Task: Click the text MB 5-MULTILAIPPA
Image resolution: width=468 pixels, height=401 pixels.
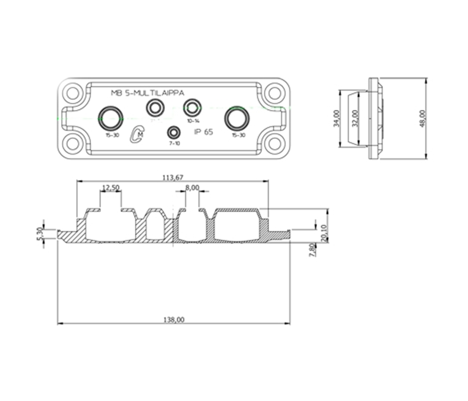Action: pyautogui.click(x=147, y=93)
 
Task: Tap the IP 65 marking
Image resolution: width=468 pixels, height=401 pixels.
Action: pyautogui.click(x=203, y=132)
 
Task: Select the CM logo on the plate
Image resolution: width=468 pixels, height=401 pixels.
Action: pyautogui.click(x=137, y=134)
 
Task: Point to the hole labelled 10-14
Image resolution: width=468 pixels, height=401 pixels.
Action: pyautogui.click(x=193, y=107)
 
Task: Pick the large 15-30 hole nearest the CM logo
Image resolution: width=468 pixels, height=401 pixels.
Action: pyautogui.click(x=110, y=118)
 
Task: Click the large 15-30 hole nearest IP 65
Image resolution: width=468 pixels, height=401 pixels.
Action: pyautogui.click(x=237, y=118)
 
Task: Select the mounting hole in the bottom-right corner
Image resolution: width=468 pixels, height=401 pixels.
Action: pyautogui.click(x=274, y=144)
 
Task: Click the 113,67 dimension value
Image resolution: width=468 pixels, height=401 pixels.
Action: pyautogui.click(x=173, y=178)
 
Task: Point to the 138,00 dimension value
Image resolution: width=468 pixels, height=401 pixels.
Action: pyautogui.click(x=173, y=320)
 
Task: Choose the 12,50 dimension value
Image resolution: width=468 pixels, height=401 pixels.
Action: pyautogui.click(x=110, y=188)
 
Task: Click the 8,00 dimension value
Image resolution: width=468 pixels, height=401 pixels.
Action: pyautogui.click(x=192, y=188)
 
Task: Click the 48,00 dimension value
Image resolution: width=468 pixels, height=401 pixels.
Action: pyautogui.click(x=422, y=119)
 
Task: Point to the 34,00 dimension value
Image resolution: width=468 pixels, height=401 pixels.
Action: pyautogui.click(x=336, y=119)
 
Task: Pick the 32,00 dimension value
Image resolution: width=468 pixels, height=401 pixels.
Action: pyautogui.click(x=355, y=119)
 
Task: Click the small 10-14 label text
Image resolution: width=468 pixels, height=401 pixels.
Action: pyautogui.click(x=193, y=121)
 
